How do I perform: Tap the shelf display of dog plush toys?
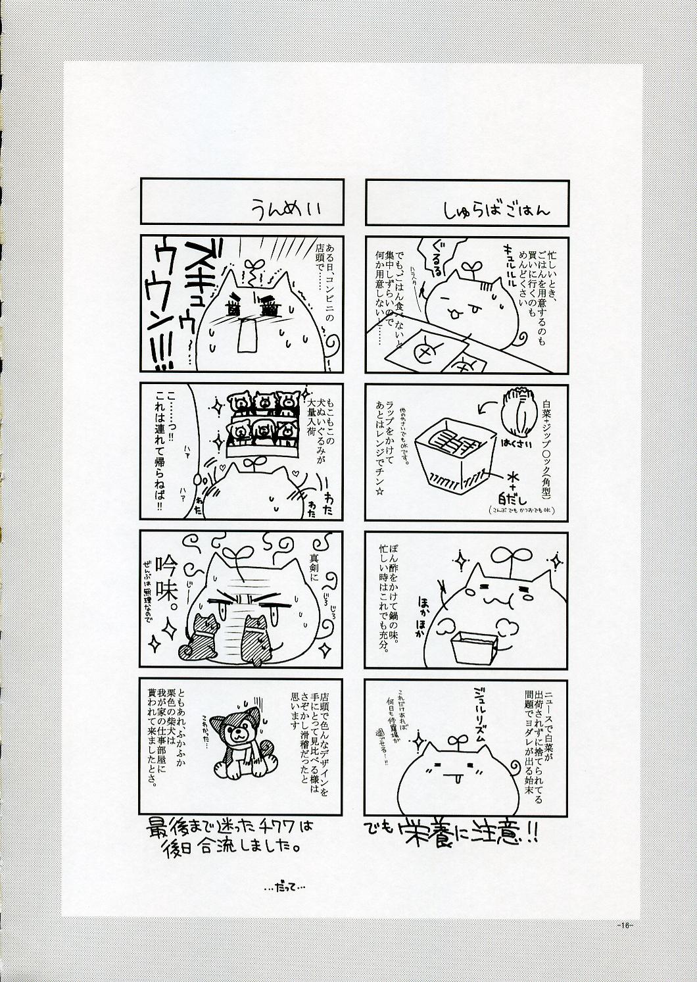coord(259,424)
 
